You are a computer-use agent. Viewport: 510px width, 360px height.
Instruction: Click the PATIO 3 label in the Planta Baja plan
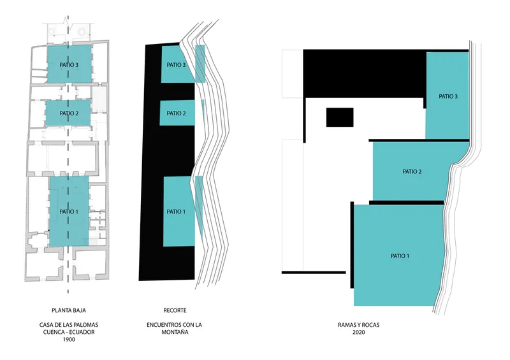[x=69, y=65]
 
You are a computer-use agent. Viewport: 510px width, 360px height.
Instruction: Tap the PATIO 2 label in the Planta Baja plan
[x=69, y=113]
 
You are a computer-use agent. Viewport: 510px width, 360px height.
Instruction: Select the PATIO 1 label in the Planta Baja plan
[x=69, y=212]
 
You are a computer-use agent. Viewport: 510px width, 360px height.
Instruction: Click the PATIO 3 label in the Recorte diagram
[x=176, y=65]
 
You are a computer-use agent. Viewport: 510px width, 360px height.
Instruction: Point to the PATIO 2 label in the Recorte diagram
[x=176, y=113]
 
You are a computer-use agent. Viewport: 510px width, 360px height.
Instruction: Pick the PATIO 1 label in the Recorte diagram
[x=176, y=212]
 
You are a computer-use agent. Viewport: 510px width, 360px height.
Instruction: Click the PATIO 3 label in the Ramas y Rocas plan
[x=448, y=96]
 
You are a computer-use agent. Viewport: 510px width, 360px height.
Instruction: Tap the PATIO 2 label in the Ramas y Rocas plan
[x=412, y=171]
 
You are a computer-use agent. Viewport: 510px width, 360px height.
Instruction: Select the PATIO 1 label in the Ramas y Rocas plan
[x=400, y=256]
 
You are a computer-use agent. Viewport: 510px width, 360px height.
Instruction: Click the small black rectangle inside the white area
[x=340, y=117]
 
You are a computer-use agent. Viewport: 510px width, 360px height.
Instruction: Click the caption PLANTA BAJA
[x=69, y=310]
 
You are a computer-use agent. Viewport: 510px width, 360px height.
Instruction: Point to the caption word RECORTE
[x=175, y=310]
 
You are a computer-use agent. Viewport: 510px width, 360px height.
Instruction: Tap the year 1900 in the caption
[x=69, y=340]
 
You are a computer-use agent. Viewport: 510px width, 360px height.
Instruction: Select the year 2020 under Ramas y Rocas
[x=359, y=333]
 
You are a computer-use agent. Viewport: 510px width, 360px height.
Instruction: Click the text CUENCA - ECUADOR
[x=69, y=333]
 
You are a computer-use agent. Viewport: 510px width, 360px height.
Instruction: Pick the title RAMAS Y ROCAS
[x=359, y=325]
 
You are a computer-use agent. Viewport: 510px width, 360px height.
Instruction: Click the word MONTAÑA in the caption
[x=175, y=333]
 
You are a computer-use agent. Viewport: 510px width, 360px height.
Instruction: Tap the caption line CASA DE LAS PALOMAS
[x=69, y=325]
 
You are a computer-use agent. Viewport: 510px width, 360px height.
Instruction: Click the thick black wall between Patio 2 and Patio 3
[x=419, y=140]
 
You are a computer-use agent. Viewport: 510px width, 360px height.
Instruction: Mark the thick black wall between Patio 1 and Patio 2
[x=407, y=203]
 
